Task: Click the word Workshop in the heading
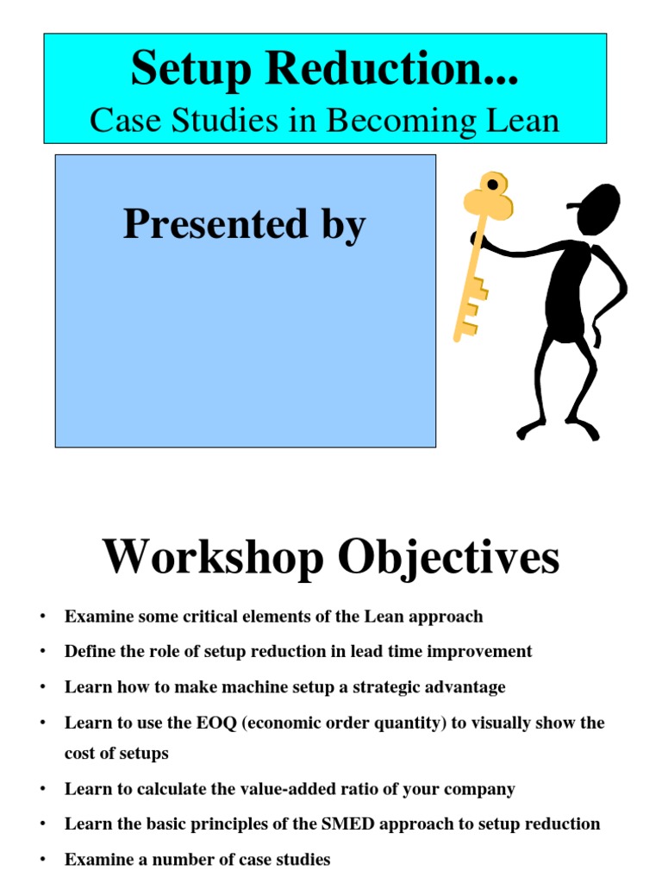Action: click(214, 558)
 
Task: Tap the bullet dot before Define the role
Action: click(41, 652)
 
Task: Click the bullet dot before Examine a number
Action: click(41, 860)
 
